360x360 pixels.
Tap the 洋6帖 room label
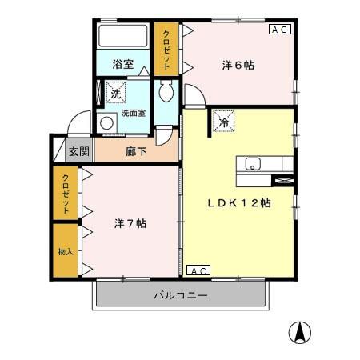[238, 66]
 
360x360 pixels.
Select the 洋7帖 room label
[129, 223]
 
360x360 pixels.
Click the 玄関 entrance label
[78, 151]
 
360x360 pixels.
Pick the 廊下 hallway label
[136, 151]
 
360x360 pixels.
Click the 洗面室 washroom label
[133, 114]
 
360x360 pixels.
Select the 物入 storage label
[65, 251]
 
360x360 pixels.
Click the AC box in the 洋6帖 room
[279, 30]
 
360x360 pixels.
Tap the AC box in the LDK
[198, 270]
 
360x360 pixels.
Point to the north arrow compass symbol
[300, 331]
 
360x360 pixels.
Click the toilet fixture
[165, 92]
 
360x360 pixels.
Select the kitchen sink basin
[253, 165]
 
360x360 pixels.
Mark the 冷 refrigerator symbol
[223, 122]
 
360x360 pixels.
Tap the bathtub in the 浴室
[122, 36]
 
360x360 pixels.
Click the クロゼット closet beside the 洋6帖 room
[167, 50]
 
